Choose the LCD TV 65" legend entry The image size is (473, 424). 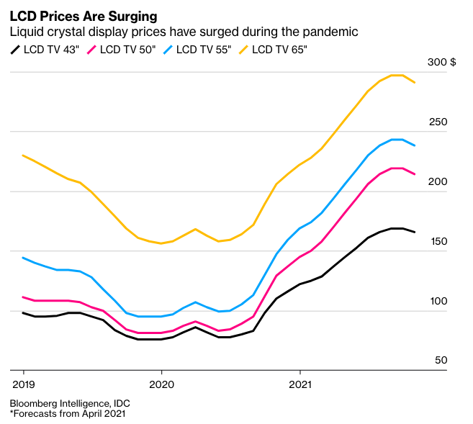click(274, 50)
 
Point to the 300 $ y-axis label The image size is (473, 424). click(441, 63)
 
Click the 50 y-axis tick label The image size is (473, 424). click(440, 361)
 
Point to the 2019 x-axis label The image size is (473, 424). click(23, 383)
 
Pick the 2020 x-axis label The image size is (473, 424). click(161, 383)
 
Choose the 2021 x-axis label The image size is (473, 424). click(300, 383)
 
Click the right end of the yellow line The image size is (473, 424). click(414, 83)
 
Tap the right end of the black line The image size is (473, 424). click(414, 232)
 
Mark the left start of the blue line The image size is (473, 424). click(23, 258)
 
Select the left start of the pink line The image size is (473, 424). click(23, 297)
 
